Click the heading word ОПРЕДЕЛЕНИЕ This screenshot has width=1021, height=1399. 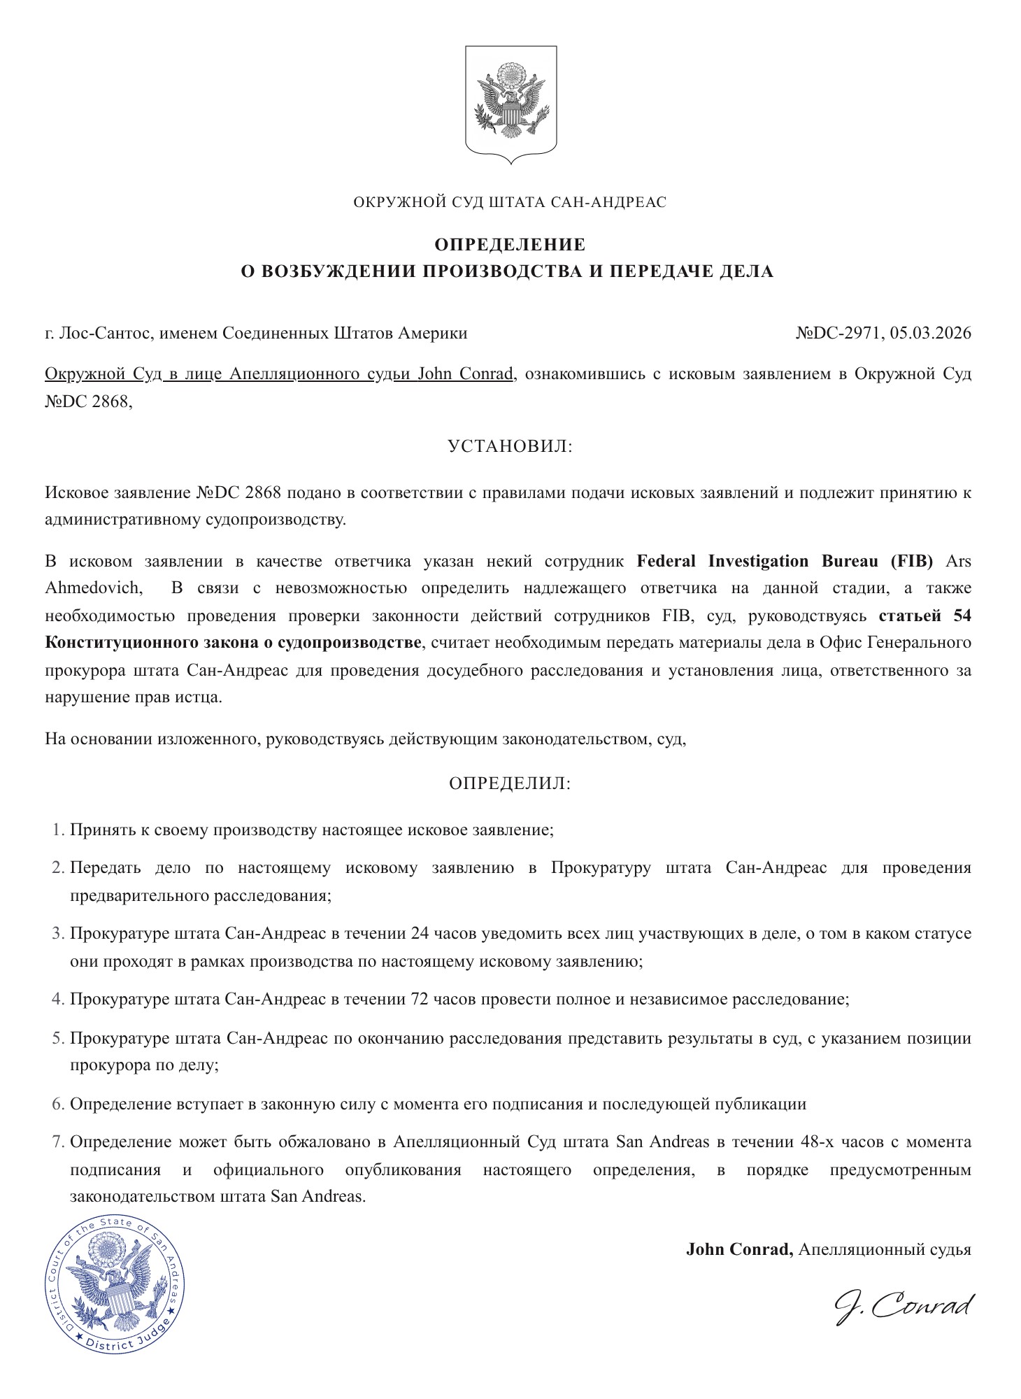[510, 245]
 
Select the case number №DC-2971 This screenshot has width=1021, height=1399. [839, 333]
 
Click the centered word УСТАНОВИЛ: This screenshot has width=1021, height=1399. [510, 446]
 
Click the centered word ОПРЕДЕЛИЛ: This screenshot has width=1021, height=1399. [510, 783]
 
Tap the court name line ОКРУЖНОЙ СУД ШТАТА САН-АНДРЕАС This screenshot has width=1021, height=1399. [510, 203]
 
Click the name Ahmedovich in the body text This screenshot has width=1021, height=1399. [92, 588]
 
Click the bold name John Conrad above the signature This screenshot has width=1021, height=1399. [738, 1249]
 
